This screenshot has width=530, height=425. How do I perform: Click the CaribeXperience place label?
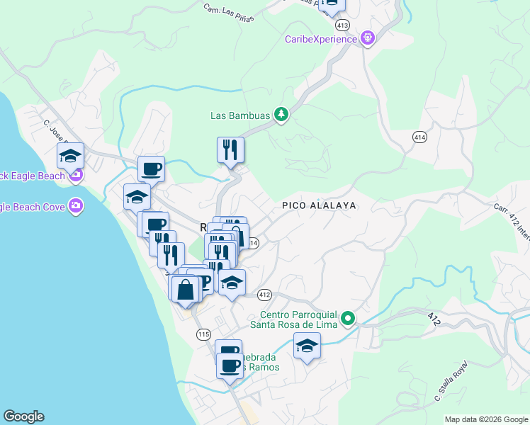point(321,39)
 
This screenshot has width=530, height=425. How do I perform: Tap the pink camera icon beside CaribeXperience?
point(367,39)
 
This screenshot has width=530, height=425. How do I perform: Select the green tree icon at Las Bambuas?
point(281,115)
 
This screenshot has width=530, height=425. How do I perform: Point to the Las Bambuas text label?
point(241,115)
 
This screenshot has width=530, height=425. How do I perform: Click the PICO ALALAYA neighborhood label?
point(318,205)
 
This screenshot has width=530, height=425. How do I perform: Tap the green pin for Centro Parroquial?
point(347,319)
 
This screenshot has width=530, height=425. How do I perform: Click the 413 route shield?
point(343,25)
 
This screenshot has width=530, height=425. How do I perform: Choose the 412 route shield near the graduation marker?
point(265,294)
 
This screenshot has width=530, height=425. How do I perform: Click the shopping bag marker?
point(185,289)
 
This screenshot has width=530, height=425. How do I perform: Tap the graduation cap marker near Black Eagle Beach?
point(70,156)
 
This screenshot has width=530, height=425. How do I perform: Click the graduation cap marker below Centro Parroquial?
point(307,346)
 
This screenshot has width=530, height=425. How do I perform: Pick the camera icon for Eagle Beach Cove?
point(76,207)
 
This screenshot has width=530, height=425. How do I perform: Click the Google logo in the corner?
point(23,416)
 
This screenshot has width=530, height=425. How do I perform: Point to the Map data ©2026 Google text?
point(487,419)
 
